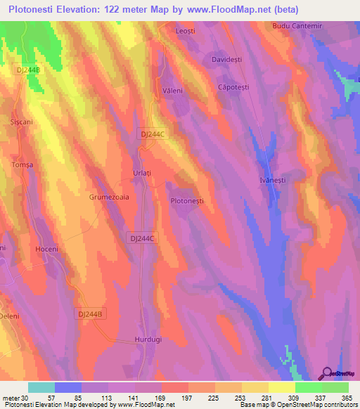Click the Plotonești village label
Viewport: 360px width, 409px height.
[x=187, y=201]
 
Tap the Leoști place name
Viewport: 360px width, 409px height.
[x=185, y=32]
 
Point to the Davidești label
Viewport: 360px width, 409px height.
[x=226, y=60]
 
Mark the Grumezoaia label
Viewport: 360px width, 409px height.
[x=109, y=198]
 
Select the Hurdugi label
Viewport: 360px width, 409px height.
[x=148, y=339]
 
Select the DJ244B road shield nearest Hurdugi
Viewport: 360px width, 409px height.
[x=91, y=314]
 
